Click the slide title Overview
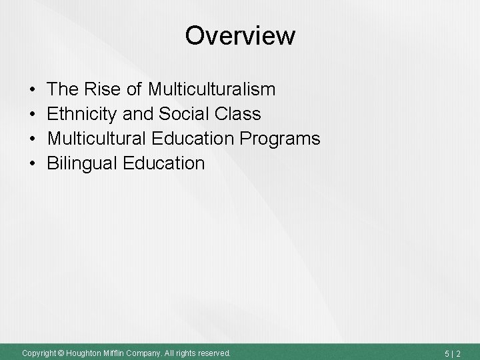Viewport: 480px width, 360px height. (x=240, y=36)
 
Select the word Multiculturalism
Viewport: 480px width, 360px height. (x=212, y=89)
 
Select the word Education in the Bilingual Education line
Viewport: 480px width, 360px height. (x=166, y=163)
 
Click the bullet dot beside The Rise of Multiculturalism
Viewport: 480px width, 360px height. (x=33, y=89)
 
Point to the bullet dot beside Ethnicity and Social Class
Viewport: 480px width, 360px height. (x=33, y=114)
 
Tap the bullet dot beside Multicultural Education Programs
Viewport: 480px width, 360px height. (x=33, y=139)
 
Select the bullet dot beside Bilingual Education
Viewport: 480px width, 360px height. (x=33, y=163)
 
